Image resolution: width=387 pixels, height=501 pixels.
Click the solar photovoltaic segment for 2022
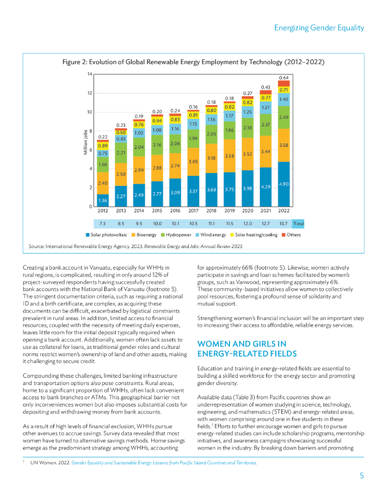coord(284,184)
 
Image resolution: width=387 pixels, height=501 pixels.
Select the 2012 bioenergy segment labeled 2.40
coord(103,182)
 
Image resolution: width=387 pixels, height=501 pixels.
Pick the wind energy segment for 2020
coord(248,112)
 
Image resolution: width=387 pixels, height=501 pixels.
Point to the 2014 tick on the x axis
coord(139,211)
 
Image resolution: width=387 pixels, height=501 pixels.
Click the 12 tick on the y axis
coord(90,93)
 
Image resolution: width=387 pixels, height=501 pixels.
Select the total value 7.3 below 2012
coord(103,223)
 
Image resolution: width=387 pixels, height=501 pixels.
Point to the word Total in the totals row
coord(298,223)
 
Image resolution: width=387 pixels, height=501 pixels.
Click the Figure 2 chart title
coord(193,62)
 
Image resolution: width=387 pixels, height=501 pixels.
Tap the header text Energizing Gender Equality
coord(319,28)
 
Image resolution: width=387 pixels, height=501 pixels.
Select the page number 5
coord(362,476)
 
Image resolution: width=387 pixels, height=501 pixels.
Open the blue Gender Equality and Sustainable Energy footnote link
coord(164,462)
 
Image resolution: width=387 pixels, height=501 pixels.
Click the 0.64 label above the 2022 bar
coord(284,77)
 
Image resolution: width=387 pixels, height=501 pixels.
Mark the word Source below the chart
coord(36,247)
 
